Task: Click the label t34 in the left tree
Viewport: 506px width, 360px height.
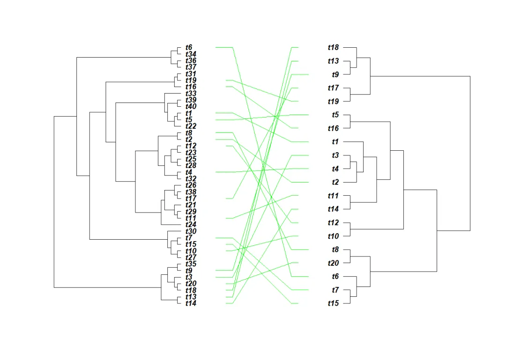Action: pyautogui.click(x=191, y=54)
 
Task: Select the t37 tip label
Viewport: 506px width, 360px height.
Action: pyautogui.click(x=191, y=67)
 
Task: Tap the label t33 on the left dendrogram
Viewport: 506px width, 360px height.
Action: pyautogui.click(x=191, y=94)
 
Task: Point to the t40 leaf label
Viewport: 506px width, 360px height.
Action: pyautogui.click(x=191, y=107)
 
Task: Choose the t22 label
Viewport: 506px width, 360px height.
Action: pyautogui.click(x=191, y=126)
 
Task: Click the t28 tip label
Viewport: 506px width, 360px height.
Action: pyautogui.click(x=191, y=166)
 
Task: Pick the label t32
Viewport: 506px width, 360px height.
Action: pyautogui.click(x=191, y=179)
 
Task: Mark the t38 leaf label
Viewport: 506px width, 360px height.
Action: pyautogui.click(x=191, y=192)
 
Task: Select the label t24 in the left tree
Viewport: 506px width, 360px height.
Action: pyautogui.click(x=191, y=225)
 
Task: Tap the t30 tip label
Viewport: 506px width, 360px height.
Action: pyautogui.click(x=191, y=231)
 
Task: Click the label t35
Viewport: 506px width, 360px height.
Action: pyautogui.click(x=191, y=264)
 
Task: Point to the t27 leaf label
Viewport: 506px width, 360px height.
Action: pyautogui.click(x=191, y=257)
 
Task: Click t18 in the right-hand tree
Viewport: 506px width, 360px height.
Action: pyautogui.click(x=333, y=47)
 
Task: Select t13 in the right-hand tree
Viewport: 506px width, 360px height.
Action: pyautogui.click(x=333, y=61)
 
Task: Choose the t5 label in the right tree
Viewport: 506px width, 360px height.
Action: pyautogui.click(x=335, y=115)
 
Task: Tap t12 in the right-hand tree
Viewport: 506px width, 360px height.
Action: pyautogui.click(x=333, y=223)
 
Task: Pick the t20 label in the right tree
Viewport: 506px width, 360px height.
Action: pyautogui.click(x=333, y=263)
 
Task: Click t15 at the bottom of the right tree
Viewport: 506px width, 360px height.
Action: pyautogui.click(x=333, y=304)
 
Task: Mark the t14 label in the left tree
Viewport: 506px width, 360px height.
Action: pyautogui.click(x=191, y=303)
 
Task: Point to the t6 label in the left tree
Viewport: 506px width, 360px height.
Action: pyautogui.click(x=189, y=47)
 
